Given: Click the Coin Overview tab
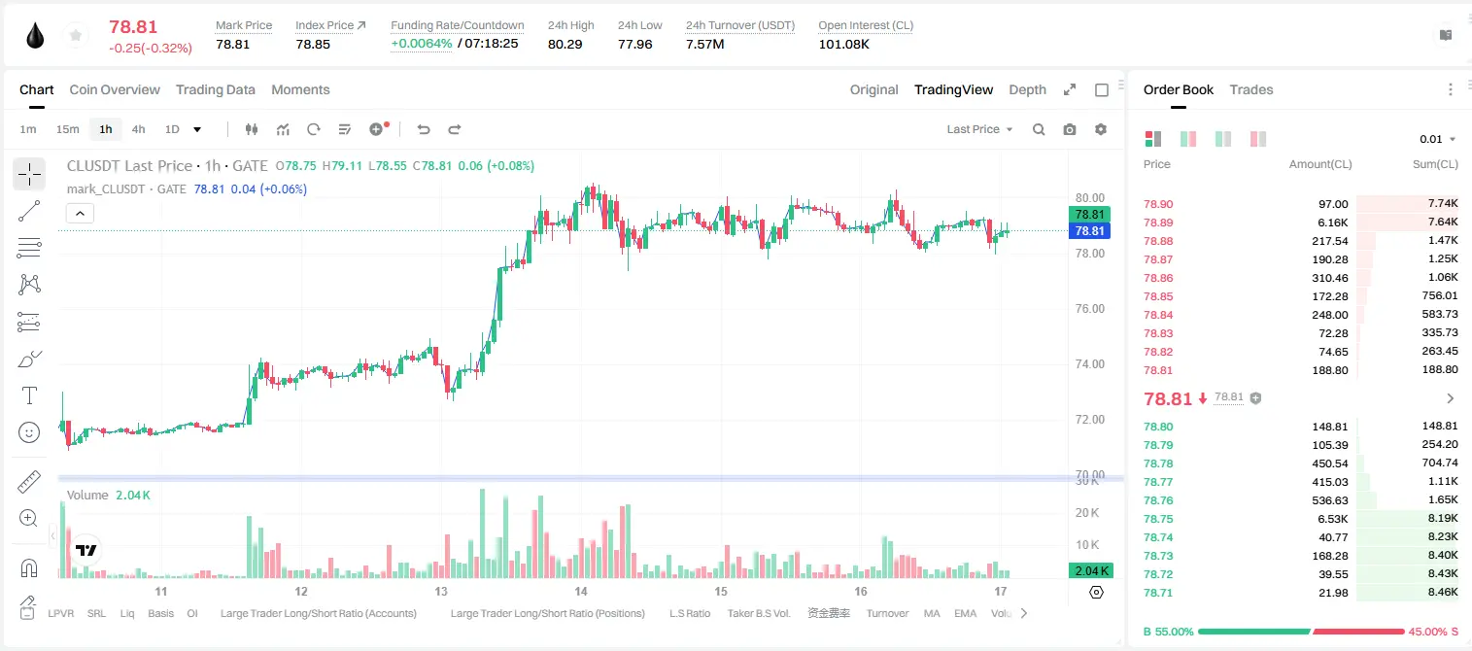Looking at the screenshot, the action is point(115,89).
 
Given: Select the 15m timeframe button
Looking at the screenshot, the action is point(68,129).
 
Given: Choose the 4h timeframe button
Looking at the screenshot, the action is point(138,129).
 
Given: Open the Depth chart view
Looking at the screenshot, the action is point(1027,89).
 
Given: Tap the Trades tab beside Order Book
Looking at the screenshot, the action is point(1251,89).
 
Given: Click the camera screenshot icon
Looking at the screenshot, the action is point(1070,129).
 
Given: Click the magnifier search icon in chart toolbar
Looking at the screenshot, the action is point(1039,129).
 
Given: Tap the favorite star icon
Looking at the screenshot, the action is point(76,35).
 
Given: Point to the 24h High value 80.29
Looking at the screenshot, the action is point(565,44).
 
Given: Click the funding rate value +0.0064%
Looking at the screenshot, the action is point(422,44).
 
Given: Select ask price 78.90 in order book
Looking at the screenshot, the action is point(1158,204).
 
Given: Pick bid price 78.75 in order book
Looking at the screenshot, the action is point(1158,519).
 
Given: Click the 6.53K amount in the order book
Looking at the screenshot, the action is point(1333,519).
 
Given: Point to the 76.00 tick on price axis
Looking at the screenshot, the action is point(1090,309).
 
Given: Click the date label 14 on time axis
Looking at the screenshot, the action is point(581,591).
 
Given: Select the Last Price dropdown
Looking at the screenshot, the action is point(979,129).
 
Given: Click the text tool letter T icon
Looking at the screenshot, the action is point(29,395).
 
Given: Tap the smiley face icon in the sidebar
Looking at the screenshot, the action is point(29,432).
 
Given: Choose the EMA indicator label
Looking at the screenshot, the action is point(965,613).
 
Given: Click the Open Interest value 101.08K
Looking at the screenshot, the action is point(843,44).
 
